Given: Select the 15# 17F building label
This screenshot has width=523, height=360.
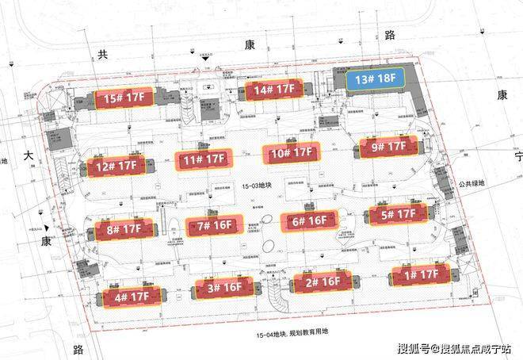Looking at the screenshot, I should tap(123, 98).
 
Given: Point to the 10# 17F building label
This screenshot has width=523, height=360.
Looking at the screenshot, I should tap(291, 153).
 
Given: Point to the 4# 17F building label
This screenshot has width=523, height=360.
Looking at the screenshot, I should tap(132, 297).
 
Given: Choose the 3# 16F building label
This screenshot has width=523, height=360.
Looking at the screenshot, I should tap(226, 288).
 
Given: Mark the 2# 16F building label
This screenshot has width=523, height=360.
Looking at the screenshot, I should tap(321, 281).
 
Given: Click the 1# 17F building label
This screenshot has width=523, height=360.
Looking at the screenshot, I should tap(419, 274).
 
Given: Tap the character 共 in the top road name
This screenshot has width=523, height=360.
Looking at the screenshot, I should tap(101, 55).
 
